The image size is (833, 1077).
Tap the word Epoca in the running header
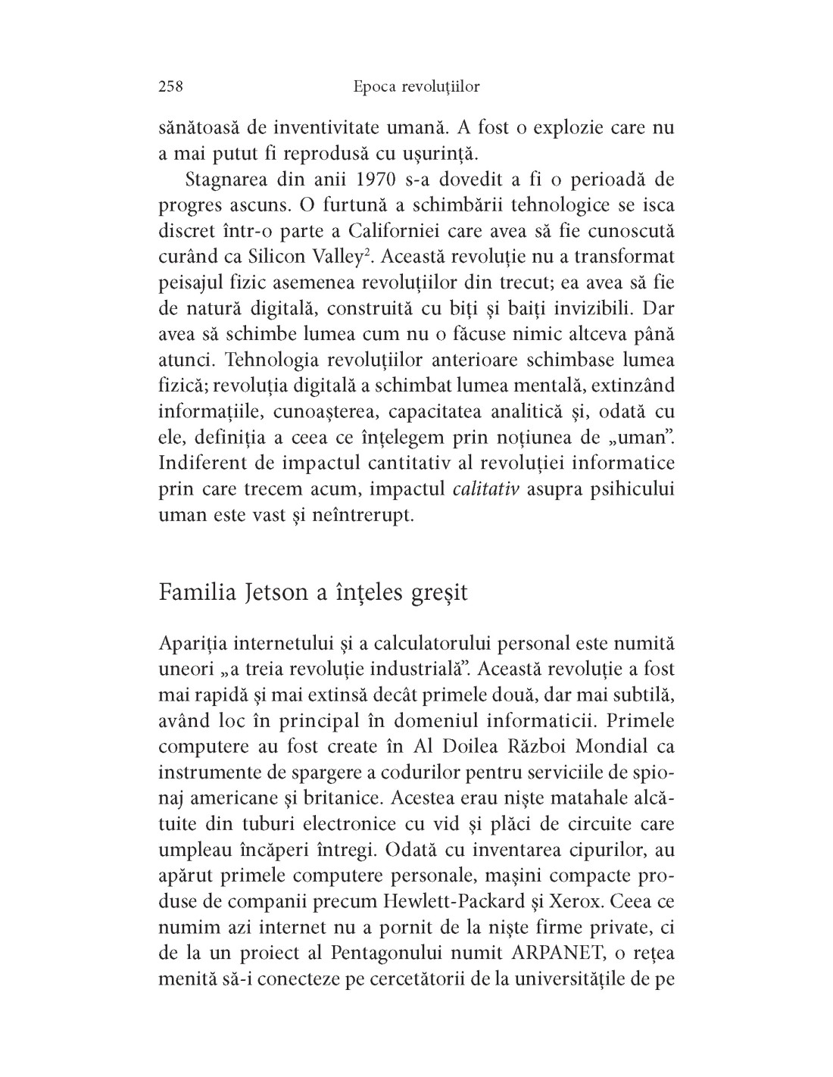click(375, 87)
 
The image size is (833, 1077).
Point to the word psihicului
click(625, 489)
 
